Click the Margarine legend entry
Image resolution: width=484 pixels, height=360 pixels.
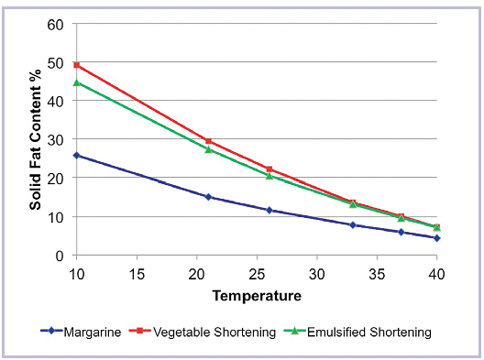pyautogui.click(x=81, y=332)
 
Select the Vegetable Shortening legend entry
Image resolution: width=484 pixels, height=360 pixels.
pyautogui.click(x=203, y=332)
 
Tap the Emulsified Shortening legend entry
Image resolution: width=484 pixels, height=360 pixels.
pyautogui.click(x=357, y=332)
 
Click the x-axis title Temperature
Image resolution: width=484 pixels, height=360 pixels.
pyautogui.click(x=257, y=296)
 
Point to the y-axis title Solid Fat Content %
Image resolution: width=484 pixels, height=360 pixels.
pyautogui.click(x=35, y=140)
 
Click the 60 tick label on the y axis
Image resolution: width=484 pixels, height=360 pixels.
pyautogui.click(x=56, y=25)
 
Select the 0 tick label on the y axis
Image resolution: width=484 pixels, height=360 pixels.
pyautogui.click(x=60, y=256)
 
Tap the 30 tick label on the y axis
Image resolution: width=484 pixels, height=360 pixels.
pyautogui.click(x=56, y=140)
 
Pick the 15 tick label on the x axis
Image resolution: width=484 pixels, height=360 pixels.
pyautogui.click(x=137, y=274)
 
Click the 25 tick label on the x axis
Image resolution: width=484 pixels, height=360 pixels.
pyautogui.click(x=257, y=274)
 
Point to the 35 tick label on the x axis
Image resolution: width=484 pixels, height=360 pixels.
pyautogui.click(x=377, y=274)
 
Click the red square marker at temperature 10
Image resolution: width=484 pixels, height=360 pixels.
pyautogui.click(x=77, y=65)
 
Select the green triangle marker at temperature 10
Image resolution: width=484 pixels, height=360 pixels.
pyautogui.click(x=77, y=82)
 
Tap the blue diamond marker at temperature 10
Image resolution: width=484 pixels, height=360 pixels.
pyautogui.click(x=77, y=155)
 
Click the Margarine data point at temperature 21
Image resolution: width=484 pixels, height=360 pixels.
pyautogui.click(x=208, y=197)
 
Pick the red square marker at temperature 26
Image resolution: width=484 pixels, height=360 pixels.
pyautogui.click(x=269, y=169)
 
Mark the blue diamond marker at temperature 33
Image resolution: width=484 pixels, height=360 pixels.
pyautogui.click(x=353, y=225)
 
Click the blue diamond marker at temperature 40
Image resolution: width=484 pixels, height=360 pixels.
pyautogui.click(x=436, y=238)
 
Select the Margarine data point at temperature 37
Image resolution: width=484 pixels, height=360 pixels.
pyautogui.click(x=401, y=232)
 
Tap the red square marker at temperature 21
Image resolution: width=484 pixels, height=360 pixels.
pyautogui.click(x=208, y=141)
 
